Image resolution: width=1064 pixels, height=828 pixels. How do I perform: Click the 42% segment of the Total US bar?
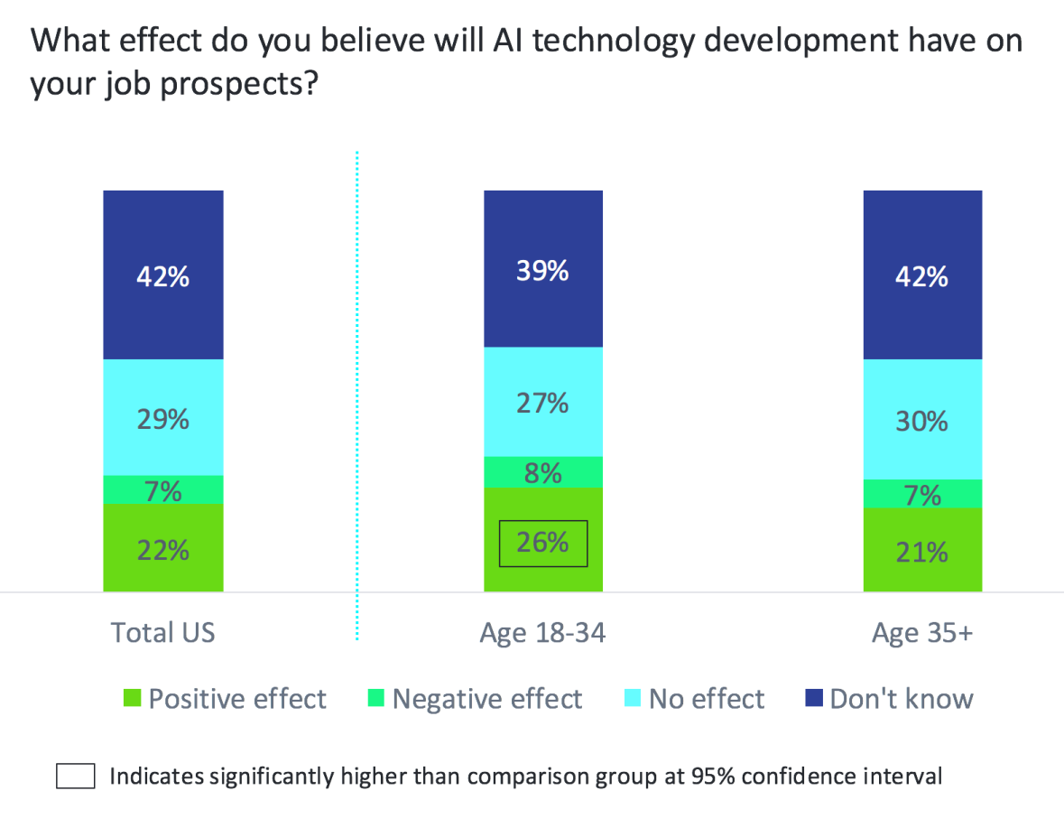point(163,274)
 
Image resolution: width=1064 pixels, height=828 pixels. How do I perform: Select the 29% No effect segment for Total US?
point(163,417)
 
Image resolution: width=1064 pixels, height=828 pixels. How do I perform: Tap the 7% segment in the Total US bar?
point(163,490)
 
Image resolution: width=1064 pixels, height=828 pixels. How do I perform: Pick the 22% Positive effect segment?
point(163,547)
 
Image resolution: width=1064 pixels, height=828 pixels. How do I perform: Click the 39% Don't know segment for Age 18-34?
point(543,269)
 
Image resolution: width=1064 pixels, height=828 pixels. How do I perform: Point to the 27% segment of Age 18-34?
point(543,402)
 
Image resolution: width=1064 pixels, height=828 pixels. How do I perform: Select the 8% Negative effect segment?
point(543,472)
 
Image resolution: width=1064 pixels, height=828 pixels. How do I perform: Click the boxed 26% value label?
point(543,542)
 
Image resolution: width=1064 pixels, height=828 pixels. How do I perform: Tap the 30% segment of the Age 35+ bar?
point(922,420)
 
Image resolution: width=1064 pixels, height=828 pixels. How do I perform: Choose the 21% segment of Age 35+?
point(922,550)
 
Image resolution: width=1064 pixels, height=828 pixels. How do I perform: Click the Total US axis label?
point(163,632)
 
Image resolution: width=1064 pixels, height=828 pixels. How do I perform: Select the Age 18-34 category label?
point(543,632)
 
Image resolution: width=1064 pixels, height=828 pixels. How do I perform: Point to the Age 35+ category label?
point(922,632)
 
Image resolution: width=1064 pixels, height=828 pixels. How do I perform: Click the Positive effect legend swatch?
point(133,699)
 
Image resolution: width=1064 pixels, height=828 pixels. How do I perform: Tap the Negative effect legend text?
point(487,699)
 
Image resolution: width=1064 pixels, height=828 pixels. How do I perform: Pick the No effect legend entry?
point(695,699)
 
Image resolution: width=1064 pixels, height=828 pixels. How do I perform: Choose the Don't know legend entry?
point(889,699)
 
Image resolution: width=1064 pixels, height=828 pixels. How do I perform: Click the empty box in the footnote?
point(76,777)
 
